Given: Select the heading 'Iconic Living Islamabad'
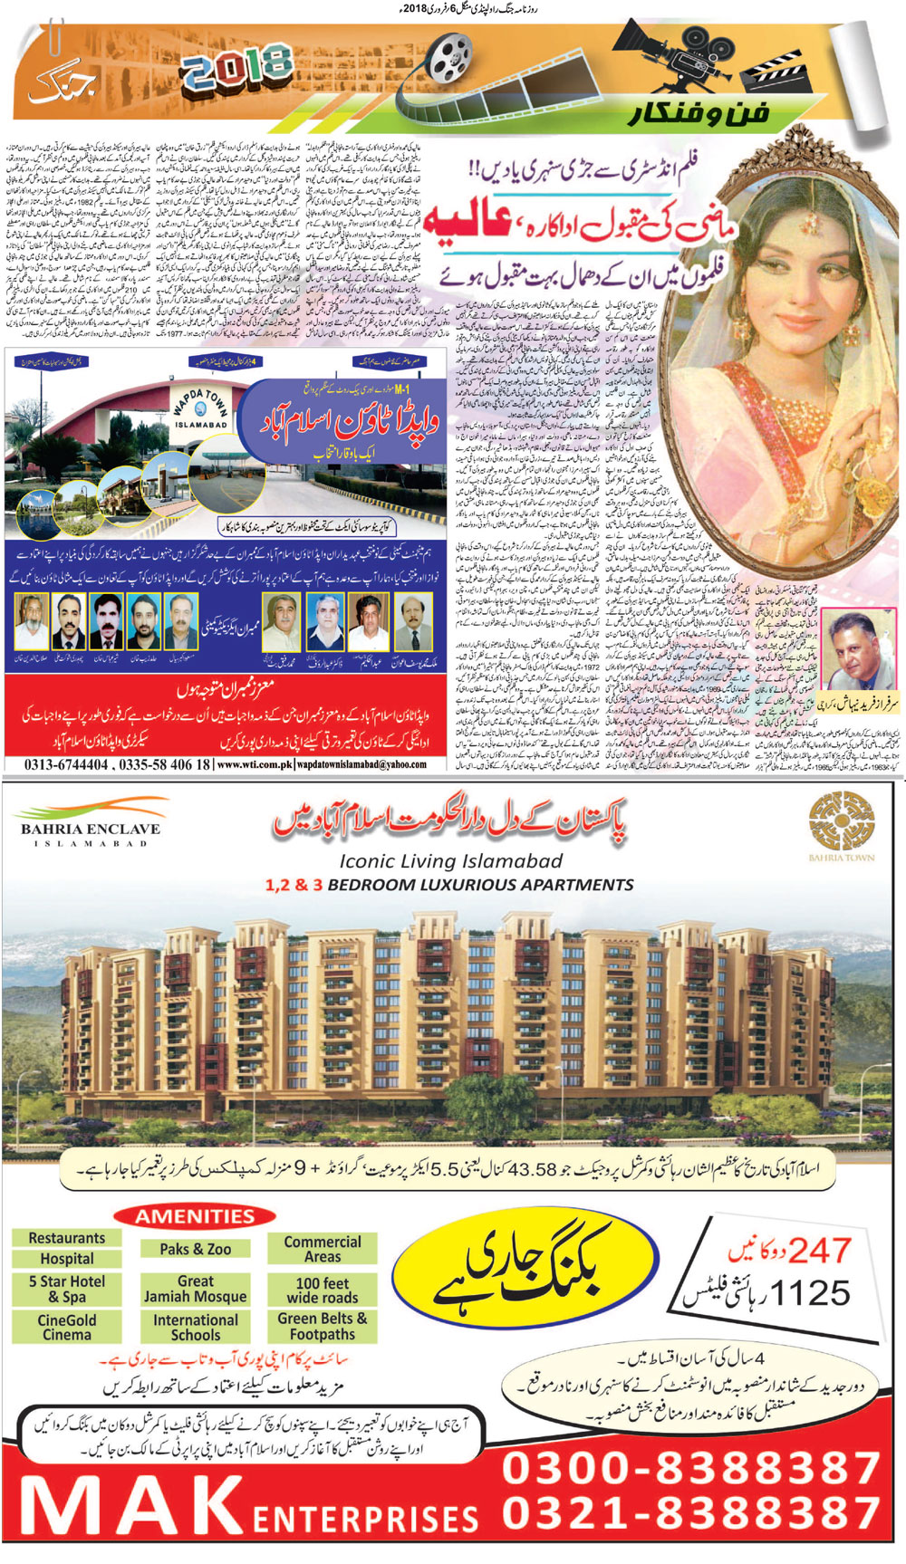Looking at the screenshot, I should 450,861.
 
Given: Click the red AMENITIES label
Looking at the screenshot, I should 195,1216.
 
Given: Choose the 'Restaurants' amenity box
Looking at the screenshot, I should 66,1238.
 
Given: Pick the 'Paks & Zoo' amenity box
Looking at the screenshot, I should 195,1249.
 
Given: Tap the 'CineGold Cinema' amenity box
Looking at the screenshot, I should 66,1328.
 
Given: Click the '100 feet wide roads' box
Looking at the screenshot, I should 322,1290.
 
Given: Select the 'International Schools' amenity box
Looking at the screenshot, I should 195,1328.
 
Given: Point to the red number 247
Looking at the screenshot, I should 819,1252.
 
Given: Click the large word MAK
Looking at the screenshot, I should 131,1508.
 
